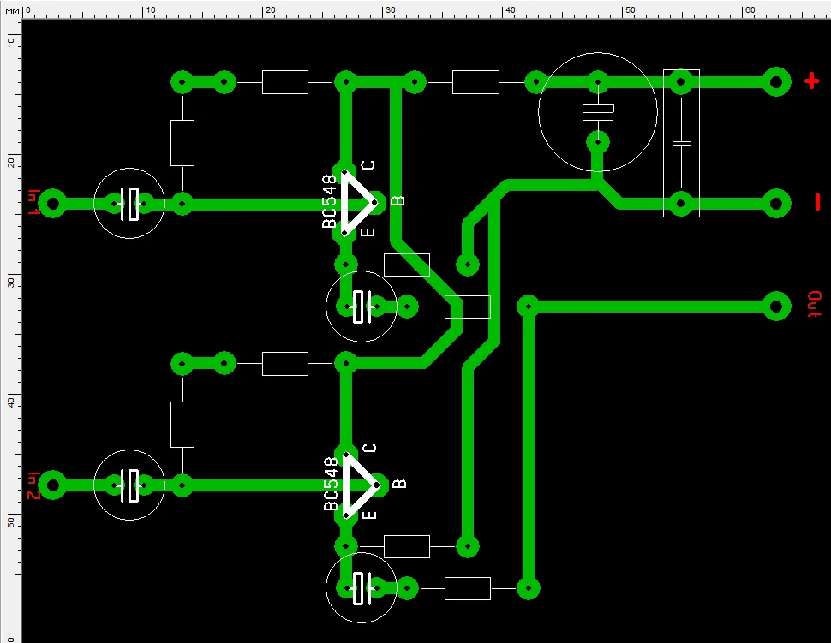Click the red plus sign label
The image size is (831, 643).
click(x=811, y=82)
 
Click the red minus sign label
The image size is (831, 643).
click(x=816, y=203)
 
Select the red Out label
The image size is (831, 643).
click(x=814, y=305)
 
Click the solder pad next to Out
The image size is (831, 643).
click(x=776, y=306)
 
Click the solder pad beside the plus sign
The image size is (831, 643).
click(x=776, y=82)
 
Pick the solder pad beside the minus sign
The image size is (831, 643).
click(x=776, y=204)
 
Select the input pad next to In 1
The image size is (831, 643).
click(x=53, y=204)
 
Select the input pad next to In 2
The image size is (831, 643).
click(x=53, y=485)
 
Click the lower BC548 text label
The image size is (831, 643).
click(x=331, y=485)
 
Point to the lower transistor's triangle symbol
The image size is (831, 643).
click(x=356, y=485)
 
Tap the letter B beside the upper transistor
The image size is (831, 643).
click(x=398, y=201)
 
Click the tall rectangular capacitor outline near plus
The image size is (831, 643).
click(x=681, y=143)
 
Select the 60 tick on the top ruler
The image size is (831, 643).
click(x=749, y=10)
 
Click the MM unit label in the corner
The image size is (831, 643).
click(x=10, y=10)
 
